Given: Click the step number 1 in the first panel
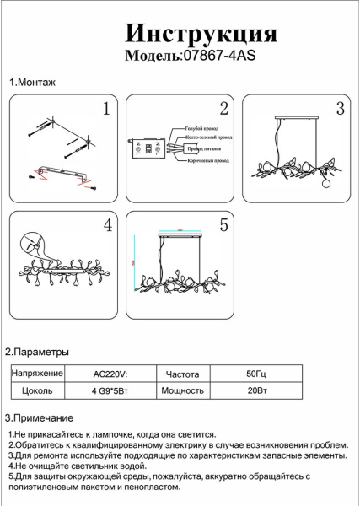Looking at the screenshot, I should click(x=106, y=109).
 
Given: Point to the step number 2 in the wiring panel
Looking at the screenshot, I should click(x=223, y=109).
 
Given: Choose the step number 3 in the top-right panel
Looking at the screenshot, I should click(x=340, y=109).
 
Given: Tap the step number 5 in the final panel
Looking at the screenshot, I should click(x=223, y=225).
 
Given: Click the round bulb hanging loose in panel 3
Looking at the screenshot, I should click(x=326, y=186).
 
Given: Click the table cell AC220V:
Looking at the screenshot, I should click(x=109, y=373).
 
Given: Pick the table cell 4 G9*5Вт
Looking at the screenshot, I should click(x=109, y=390).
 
